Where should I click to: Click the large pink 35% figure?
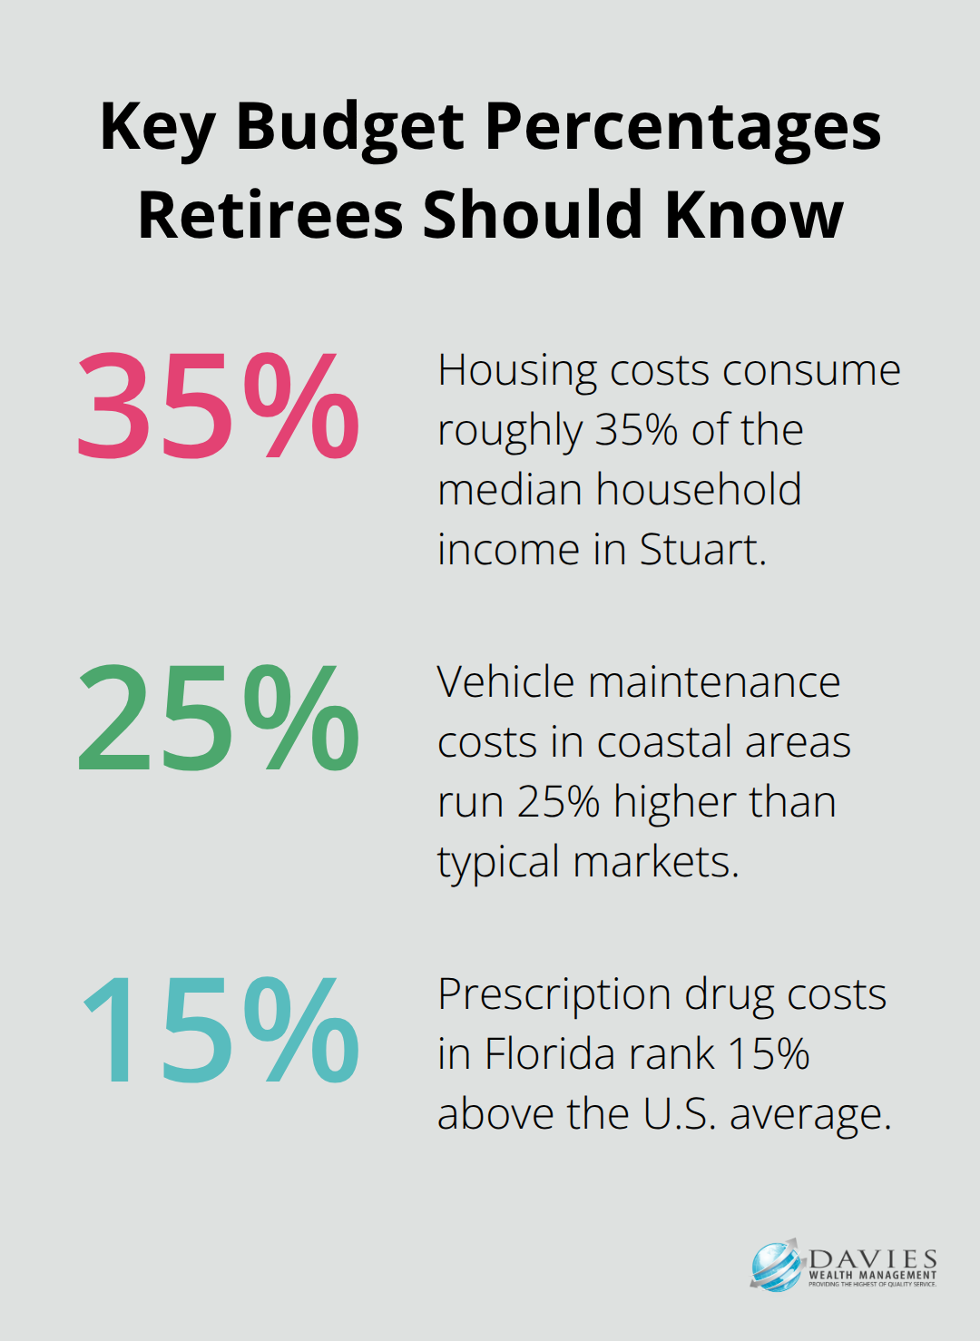218,406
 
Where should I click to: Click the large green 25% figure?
218,719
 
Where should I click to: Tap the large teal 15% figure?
220,1032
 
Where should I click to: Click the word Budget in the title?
350,127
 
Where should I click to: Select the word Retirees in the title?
269,215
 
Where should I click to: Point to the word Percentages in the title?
682,127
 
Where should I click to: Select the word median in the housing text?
509,490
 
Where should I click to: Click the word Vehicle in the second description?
506,682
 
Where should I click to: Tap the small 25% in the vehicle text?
559,802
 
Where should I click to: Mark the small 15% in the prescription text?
768,1054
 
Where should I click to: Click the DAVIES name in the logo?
872,1259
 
